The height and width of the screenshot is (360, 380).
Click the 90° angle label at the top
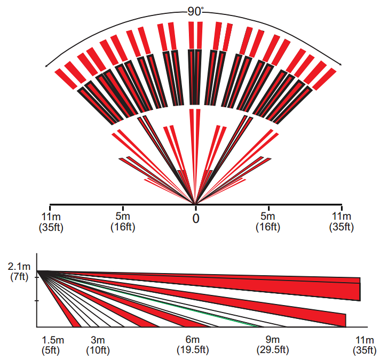195,11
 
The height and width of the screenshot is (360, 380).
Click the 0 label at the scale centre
196,218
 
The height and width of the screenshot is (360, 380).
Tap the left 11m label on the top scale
50,216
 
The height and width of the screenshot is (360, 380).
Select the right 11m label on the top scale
342,216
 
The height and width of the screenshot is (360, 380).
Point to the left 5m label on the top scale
123,216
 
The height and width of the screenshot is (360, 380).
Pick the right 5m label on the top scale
268,216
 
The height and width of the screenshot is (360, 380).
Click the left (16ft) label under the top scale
123,227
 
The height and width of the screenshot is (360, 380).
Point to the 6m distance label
192,340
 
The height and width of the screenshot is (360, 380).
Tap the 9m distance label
272,340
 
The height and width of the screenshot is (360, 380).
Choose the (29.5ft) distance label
272,350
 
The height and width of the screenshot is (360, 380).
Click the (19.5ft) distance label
192,350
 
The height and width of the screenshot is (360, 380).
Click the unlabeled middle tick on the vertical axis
37,300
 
